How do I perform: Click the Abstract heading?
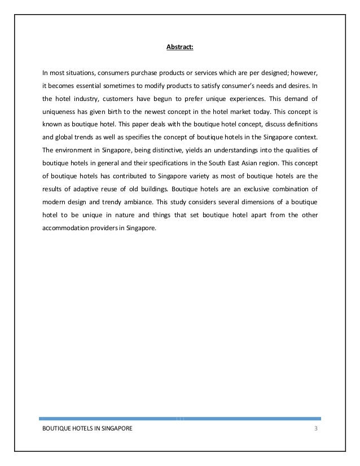click(179, 47)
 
